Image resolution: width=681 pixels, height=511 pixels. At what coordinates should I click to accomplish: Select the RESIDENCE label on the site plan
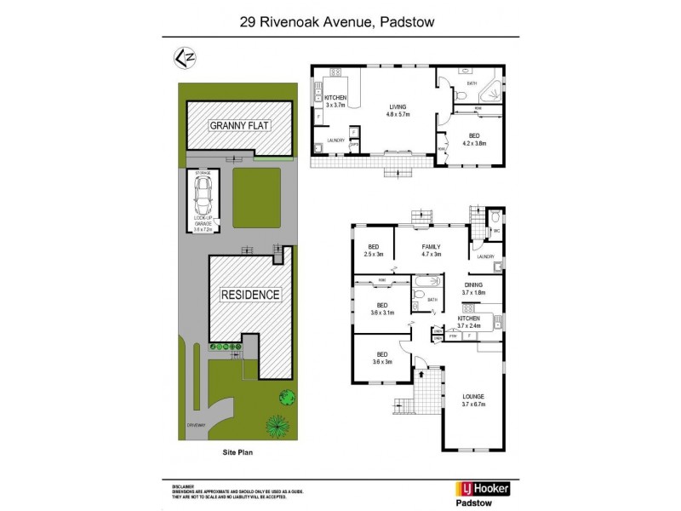coord(250,295)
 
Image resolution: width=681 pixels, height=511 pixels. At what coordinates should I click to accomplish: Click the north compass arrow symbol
coord(181,57)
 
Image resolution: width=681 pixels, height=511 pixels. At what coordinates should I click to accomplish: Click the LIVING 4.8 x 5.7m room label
coord(398,111)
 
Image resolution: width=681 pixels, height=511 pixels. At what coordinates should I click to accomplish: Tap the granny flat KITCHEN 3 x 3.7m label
coord(336,102)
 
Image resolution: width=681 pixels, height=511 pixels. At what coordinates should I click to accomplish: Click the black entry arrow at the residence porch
coord(421,373)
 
